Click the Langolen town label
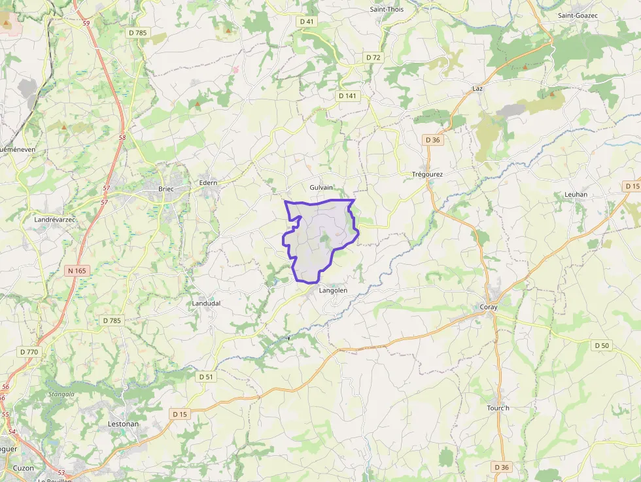point(333,290)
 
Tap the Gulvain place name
point(321,187)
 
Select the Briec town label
point(166,189)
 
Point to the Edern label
point(208,182)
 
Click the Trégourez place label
point(428,175)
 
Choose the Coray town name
point(489,307)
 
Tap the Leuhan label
point(576,194)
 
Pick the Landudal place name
point(206,303)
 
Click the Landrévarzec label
point(55,220)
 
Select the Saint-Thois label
point(387,9)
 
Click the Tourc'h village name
point(498,408)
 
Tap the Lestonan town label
point(123,424)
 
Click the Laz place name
point(477,88)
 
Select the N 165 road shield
point(77,270)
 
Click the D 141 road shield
point(348,95)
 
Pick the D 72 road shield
point(373,58)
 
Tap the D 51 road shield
point(206,377)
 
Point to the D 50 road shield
point(602,345)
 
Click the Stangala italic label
point(61,394)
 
